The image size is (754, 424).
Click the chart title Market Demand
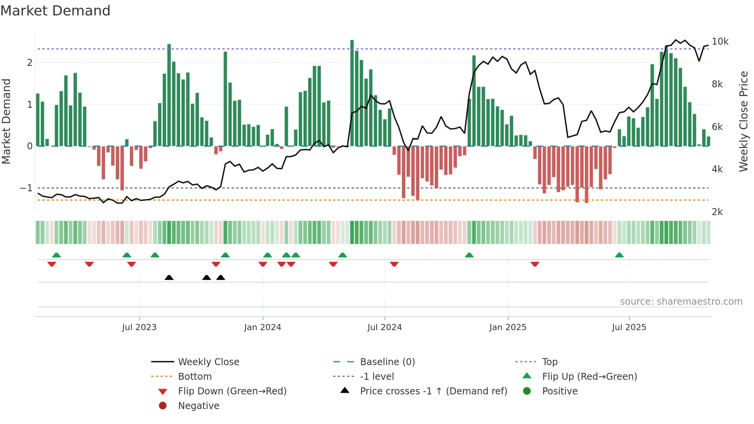click(55, 11)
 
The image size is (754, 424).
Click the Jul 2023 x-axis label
click(139, 327)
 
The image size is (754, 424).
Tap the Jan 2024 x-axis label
click(263, 327)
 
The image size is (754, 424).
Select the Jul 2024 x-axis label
click(384, 327)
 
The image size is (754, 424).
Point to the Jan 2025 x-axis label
click(508, 327)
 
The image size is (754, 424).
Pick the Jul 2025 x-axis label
click(629, 327)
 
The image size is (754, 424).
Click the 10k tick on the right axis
click(720, 42)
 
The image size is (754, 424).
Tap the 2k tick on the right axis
click(717, 212)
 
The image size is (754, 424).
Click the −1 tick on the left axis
click(26, 188)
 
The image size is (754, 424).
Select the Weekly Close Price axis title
click(744, 121)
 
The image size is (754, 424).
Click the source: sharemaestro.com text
click(681, 302)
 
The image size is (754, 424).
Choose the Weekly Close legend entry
click(208, 362)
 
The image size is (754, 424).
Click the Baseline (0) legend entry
click(387, 362)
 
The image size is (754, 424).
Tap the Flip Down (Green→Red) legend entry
click(232, 391)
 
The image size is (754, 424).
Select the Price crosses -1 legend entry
click(433, 391)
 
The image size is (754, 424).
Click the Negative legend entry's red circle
click(163, 406)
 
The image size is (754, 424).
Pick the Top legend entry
click(549, 362)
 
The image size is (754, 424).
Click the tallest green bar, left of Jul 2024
click(352, 92)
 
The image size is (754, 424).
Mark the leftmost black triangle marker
click(169, 278)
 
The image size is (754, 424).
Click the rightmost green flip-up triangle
click(619, 255)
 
